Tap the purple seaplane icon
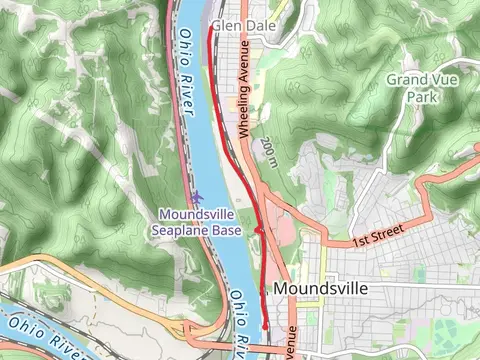(197, 196)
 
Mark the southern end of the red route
(265, 326)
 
